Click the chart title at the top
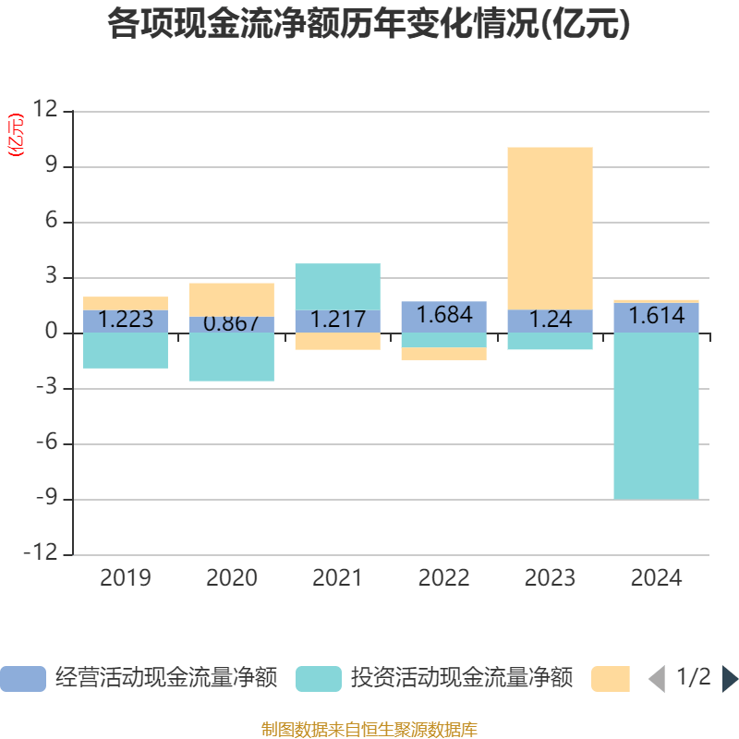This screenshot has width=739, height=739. [369, 25]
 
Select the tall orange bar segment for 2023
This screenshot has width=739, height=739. [550, 228]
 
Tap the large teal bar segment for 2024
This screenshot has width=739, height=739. [656, 416]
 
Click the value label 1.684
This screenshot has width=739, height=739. [444, 315]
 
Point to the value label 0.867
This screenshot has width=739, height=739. [231, 323]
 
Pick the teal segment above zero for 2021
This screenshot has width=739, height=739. [337, 286]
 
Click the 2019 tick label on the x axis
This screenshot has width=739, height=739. [126, 578]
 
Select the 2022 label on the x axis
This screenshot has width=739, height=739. [444, 578]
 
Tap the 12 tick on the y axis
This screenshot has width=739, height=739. [45, 111]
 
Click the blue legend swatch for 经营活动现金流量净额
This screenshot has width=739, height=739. [23, 679]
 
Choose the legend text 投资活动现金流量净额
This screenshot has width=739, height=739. [461, 679]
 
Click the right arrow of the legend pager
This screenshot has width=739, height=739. [730, 679]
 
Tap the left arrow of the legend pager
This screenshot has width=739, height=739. [656, 679]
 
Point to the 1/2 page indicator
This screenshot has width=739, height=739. [694, 677]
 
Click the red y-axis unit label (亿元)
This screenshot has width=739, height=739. [16, 135]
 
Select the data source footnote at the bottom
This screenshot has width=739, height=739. [369, 730]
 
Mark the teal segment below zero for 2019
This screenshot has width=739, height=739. [126, 351]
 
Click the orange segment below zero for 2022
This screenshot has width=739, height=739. [444, 354]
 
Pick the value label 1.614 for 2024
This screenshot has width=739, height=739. [656, 317]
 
